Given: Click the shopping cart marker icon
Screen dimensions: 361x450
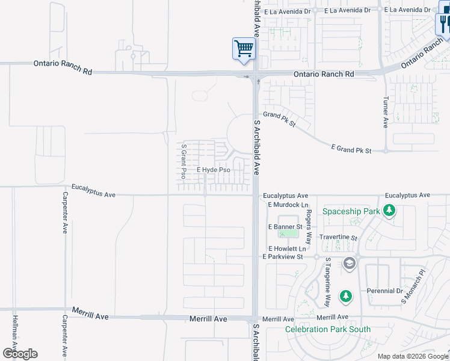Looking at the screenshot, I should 244,49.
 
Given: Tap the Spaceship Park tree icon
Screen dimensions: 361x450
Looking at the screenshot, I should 390,211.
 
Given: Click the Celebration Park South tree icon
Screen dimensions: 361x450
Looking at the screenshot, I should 345,296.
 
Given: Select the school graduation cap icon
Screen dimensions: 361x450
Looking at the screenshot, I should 349,263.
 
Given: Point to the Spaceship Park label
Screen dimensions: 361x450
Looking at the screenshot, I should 351,211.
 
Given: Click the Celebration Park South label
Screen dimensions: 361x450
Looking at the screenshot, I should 328,329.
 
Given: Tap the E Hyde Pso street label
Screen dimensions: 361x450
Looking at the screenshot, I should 214,170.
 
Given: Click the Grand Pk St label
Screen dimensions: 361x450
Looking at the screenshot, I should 280,119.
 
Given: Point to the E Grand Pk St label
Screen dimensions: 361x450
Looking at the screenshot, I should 351,148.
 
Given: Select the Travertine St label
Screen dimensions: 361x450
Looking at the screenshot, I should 338,238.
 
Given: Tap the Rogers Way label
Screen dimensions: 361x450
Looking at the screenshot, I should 308,226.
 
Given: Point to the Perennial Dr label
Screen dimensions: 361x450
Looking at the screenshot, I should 385,291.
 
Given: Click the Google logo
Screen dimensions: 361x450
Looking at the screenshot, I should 20,354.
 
